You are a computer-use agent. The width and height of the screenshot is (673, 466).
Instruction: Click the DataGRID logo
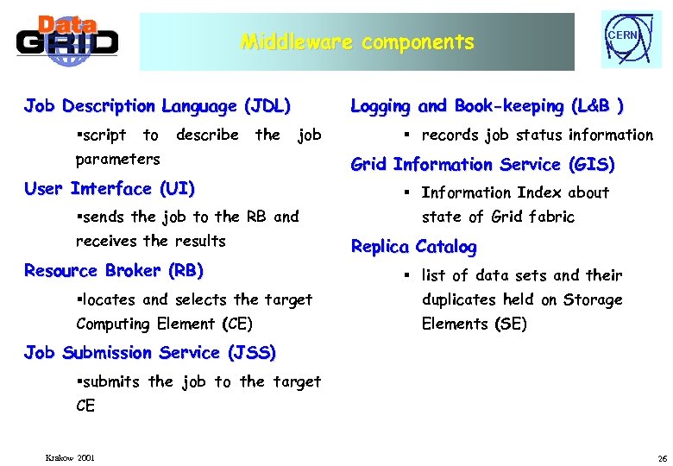[66, 41]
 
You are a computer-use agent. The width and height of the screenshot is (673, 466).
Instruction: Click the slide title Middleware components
[357, 41]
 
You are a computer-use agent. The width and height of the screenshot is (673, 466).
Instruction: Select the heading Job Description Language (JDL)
[157, 106]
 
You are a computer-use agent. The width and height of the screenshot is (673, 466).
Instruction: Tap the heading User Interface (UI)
[110, 188]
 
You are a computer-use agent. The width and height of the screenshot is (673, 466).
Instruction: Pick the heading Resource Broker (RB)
[114, 270]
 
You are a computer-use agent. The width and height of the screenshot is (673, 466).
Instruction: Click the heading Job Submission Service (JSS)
[150, 352]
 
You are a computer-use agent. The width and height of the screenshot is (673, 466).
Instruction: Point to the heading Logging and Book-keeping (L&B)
[487, 106]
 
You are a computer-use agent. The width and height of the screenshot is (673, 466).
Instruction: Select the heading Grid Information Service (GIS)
[482, 164]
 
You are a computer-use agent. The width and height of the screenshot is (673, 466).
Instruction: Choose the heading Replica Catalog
[413, 246]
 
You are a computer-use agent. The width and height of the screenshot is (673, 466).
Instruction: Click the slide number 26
[662, 457]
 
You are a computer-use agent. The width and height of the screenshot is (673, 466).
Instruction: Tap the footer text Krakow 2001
[71, 457]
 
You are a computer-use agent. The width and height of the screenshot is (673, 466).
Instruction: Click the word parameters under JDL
[117, 159]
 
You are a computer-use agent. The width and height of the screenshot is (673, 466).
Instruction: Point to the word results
[199, 241]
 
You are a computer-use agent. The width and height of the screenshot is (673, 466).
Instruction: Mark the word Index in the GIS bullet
[539, 192]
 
